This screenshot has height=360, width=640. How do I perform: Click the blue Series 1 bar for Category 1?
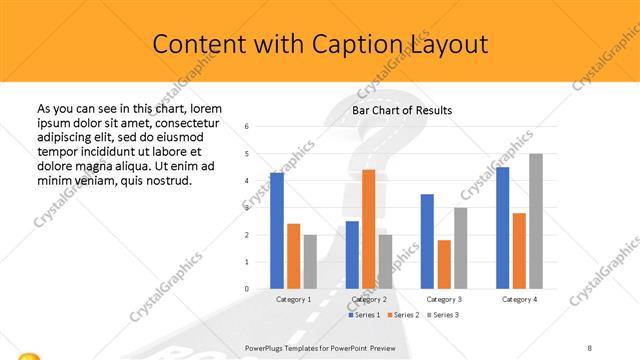tap(277, 231)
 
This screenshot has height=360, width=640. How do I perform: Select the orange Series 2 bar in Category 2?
tap(368, 229)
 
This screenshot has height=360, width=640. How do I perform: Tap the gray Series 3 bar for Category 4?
tap(536, 221)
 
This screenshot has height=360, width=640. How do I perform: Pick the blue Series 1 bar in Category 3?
tap(427, 241)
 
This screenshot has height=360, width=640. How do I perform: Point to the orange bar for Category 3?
tap(444, 264)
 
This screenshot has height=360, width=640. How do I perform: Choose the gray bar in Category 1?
tap(310, 262)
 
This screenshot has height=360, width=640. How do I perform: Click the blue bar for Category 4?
tap(502, 228)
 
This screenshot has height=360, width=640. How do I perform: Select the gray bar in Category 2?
tap(385, 262)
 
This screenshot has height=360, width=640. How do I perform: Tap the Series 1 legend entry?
tap(364, 315)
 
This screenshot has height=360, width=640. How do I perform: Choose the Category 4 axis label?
tap(518, 299)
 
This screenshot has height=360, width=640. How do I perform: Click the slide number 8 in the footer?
tap(590, 348)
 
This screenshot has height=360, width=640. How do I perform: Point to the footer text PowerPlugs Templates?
tap(291, 348)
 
